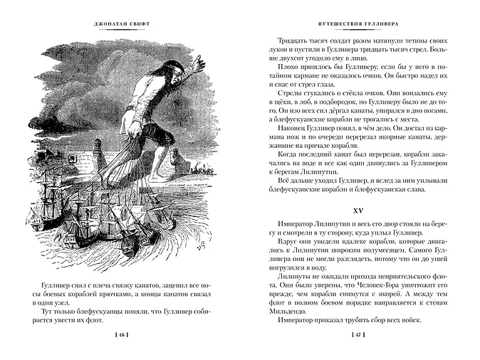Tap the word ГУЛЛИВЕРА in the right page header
(370, 21)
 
